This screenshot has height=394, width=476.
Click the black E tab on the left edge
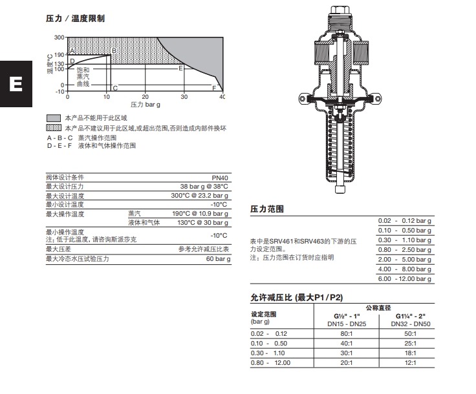click(13, 85)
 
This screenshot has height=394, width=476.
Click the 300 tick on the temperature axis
click(59, 37)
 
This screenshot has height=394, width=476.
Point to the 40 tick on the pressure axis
click(222, 96)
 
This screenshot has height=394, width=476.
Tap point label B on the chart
click(114, 50)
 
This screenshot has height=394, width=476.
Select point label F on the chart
click(214, 87)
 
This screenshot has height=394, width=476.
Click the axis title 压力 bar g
click(146, 103)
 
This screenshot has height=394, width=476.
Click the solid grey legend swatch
click(54, 118)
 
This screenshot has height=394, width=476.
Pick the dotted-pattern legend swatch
click(54, 128)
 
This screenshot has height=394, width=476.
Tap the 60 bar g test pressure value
click(218, 258)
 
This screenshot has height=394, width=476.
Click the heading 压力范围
click(267, 209)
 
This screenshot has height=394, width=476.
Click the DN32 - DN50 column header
click(412, 323)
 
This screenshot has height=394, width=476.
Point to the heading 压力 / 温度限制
click(75, 18)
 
